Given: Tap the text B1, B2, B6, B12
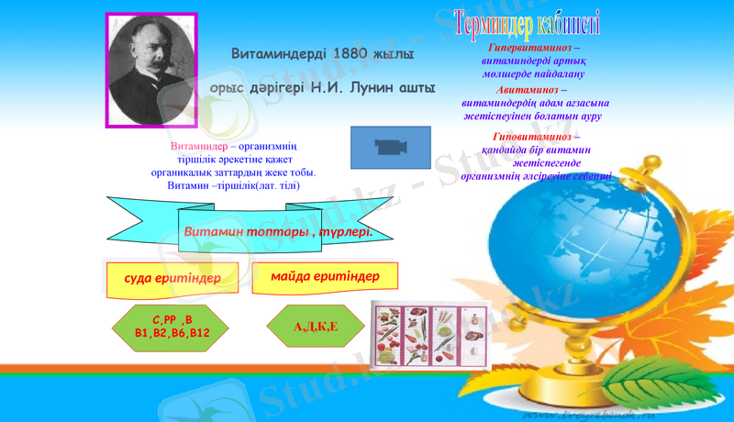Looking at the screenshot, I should click(172, 333).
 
